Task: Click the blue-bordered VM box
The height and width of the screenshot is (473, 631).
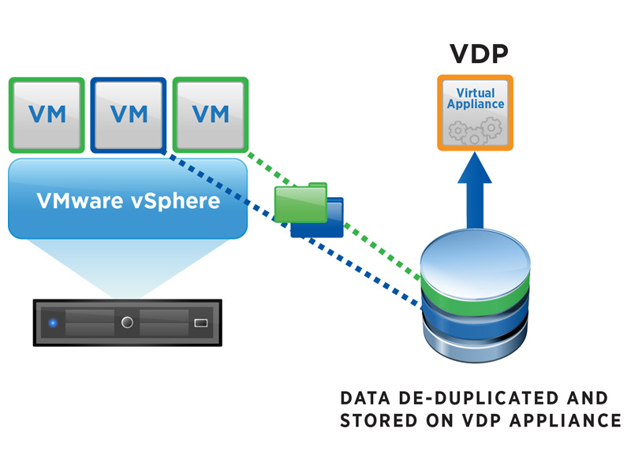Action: (129, 114)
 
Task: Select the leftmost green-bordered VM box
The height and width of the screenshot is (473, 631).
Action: (47, 114)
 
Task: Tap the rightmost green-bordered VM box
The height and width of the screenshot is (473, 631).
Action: (211, 114)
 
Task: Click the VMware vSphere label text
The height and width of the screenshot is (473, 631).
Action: (128, 201)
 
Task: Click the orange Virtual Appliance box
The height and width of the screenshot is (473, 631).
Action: (476, 113)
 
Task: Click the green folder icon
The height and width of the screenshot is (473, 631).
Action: (301, 203)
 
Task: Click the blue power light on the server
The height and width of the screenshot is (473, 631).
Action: (53, 322)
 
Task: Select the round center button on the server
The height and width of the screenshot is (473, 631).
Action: (128, 322)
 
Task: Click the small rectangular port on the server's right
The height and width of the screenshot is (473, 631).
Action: (200, 322)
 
